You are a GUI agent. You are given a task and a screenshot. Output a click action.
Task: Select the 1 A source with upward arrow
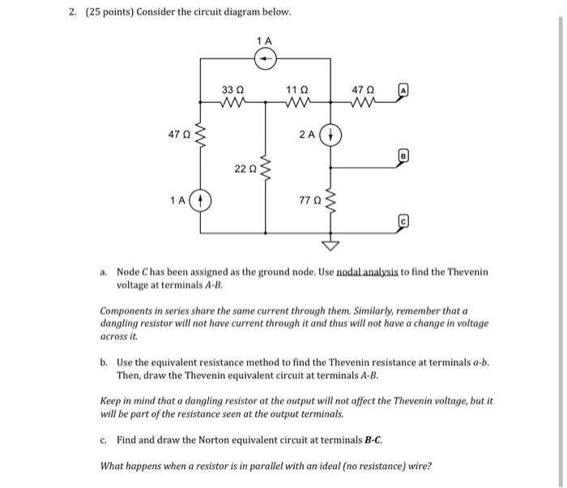[x=202, y=199]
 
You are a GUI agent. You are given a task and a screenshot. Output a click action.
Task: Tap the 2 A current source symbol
[x=330, y=135]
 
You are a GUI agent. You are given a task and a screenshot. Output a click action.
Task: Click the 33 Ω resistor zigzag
[x=234, y=103]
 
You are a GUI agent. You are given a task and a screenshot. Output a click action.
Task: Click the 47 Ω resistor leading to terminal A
[x=364, y=103]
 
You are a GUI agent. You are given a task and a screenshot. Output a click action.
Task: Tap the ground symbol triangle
[x=330, y=244]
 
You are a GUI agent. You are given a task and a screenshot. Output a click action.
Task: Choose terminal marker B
[x=403, y=152]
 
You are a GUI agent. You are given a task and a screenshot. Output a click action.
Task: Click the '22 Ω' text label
[x=245, y=169]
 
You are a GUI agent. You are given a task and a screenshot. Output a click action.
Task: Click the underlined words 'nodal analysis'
[x=361, y=272]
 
